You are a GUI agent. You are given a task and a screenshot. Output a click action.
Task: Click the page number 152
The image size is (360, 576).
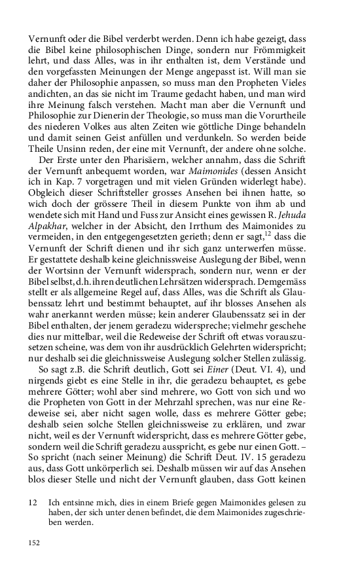tap(35, 543)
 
